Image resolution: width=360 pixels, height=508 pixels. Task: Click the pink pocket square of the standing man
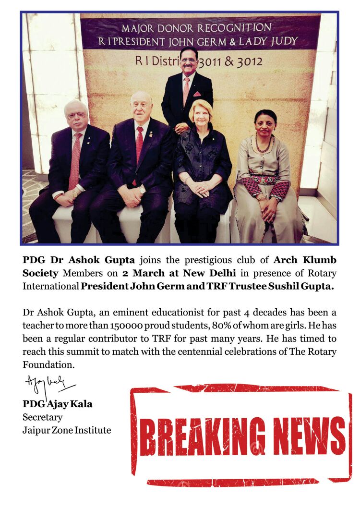pos(197,94)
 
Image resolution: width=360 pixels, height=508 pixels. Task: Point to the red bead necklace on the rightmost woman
pos(263,145)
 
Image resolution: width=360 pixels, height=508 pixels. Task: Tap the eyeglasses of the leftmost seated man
pos(77,116)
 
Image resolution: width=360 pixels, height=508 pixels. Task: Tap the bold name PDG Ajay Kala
pos(58,404)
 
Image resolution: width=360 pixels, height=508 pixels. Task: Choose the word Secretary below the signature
pos(42,417)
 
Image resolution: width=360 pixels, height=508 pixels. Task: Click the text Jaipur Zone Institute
pos(67,430)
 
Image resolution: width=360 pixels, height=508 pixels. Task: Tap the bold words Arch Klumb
pos(305,260)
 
